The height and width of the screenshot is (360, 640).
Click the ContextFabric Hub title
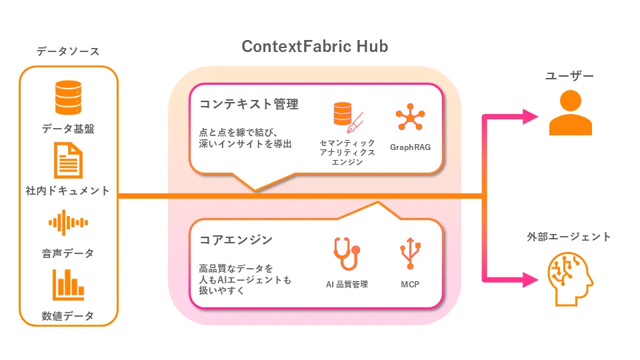coord(315,47)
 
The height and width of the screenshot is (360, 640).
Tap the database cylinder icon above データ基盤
coord(68,97)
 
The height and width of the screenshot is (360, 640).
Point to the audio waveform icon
coord(68,223)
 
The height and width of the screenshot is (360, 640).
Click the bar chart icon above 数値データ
coord(68,285)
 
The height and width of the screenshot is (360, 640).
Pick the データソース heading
coord(68,51)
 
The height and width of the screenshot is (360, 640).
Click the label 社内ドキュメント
coord(68,191)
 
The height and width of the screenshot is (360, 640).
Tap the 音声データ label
coord(68,253)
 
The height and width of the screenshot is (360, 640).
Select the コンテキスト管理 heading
coord(249,104)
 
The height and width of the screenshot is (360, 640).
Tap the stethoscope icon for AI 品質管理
coord(346,254)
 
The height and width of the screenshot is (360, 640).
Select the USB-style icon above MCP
coord(409,254)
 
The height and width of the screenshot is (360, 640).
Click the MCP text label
coord(409,285)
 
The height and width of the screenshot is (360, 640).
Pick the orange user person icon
coord(570,113)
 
